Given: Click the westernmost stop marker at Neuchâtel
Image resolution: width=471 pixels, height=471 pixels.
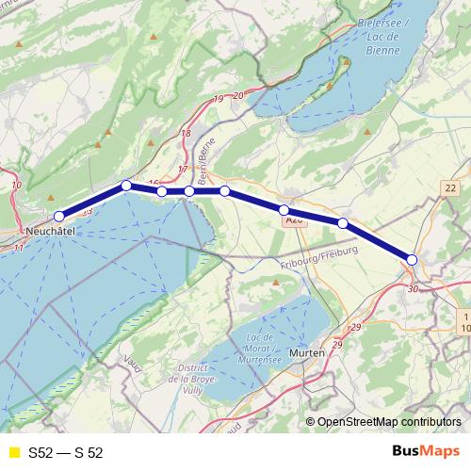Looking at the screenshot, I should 59,217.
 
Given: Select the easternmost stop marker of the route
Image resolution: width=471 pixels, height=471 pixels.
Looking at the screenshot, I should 412,259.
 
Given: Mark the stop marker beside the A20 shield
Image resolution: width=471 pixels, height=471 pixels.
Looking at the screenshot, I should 284,209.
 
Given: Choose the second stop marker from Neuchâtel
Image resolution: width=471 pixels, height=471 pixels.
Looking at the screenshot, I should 126,185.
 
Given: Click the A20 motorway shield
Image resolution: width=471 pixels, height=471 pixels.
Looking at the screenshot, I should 292,219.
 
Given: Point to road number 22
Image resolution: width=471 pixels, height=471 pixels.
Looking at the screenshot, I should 449,188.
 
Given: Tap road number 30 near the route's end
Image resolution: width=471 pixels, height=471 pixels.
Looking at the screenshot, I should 413,288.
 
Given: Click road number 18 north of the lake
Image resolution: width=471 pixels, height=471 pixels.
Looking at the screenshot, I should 186,133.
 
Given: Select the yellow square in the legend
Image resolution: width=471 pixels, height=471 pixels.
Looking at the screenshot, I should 13,452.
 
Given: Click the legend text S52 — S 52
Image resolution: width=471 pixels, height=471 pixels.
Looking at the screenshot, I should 65,452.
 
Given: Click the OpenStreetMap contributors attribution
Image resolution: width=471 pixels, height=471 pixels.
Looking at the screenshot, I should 388,421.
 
